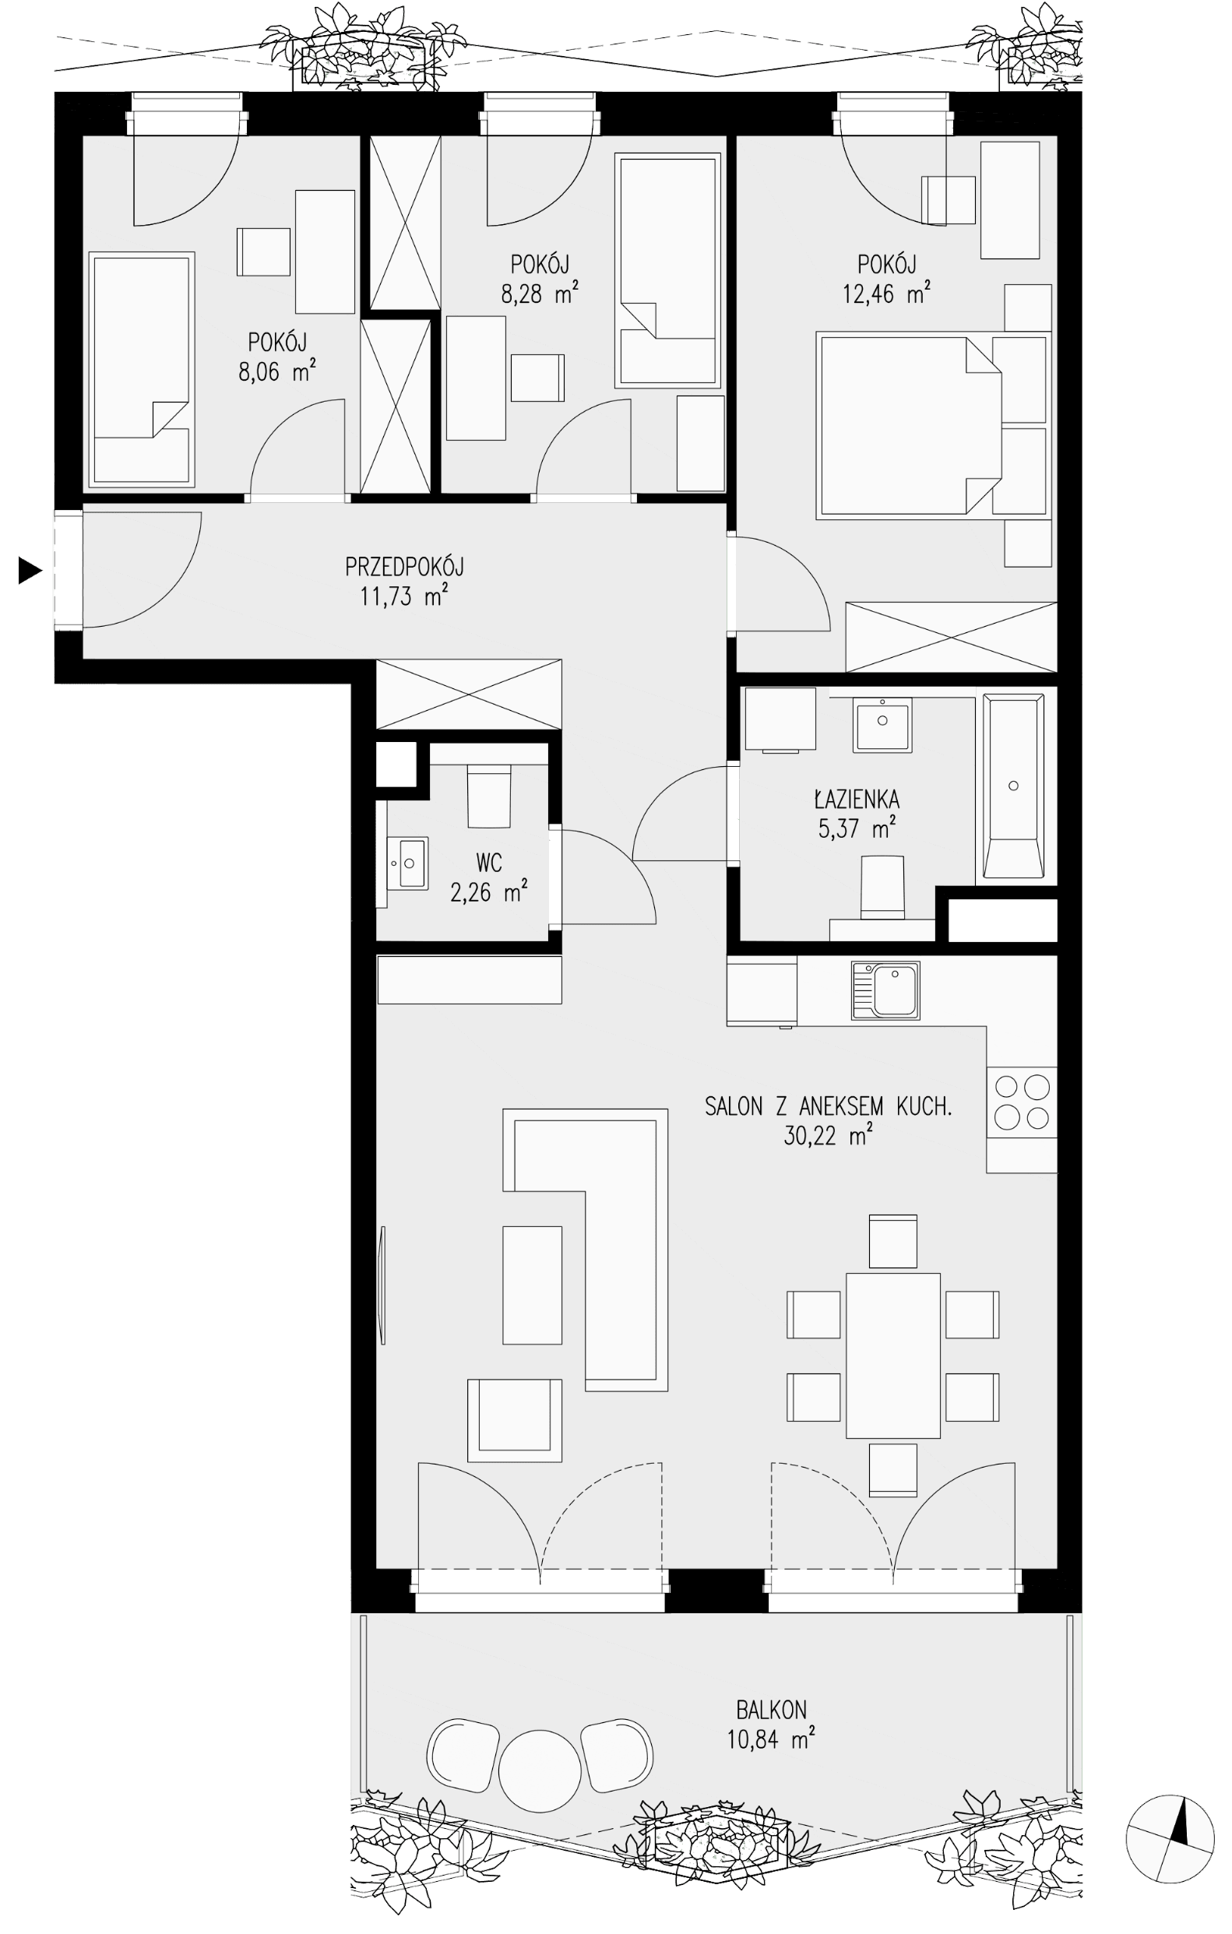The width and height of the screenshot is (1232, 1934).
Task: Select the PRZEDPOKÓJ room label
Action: coord(404,567)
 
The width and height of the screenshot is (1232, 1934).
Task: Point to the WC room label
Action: coord(489,863)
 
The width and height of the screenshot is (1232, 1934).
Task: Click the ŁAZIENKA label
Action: coord(856,799)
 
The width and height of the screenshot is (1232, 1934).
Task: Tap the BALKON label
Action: coord(771,1710)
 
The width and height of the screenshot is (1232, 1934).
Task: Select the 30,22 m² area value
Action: coord(828,1136)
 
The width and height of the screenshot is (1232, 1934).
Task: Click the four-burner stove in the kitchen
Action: coord(1022,1102)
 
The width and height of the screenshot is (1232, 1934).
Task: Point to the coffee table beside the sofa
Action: coord(532,1285)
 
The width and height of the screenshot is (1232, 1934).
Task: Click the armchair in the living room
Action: coord(514,1421)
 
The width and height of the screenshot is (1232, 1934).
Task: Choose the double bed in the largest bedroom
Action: coord(909,427)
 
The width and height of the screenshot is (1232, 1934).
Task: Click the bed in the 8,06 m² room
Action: coord(142,371)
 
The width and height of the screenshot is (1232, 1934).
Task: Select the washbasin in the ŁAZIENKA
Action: coord(882,723)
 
